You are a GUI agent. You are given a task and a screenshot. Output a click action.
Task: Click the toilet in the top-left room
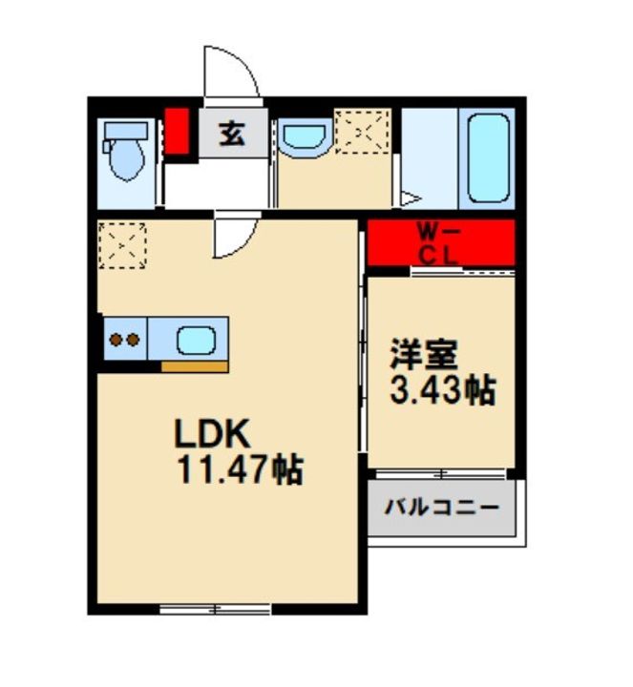point(125,151)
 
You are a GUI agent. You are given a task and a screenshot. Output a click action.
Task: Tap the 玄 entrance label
point(232,134)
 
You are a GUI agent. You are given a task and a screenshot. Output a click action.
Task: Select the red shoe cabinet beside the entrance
point(177,131)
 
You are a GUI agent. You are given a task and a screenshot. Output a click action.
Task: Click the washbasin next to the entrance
point(305,135)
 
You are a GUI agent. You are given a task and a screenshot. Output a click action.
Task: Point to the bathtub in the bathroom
point(488,157)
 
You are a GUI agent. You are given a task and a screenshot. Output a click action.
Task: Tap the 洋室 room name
point(424,354)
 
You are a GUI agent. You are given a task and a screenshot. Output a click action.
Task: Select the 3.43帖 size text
point(443,390)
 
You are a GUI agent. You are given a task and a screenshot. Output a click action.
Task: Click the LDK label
point(213,433)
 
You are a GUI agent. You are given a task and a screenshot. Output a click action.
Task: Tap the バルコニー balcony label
point(441,508)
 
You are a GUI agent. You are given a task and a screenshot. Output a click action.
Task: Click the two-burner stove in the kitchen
point(125,339)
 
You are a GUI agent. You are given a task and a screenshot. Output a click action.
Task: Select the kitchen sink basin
point(196,341)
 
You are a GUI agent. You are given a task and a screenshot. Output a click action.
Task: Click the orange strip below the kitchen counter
point(195,366)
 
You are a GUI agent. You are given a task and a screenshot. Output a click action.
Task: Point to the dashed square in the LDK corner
point(122,245)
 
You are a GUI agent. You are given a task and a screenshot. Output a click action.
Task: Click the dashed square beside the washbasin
point(362,132)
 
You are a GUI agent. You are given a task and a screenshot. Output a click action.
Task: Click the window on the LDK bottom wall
point(215,609)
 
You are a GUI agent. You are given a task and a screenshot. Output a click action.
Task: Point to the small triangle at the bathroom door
point(411,198)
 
